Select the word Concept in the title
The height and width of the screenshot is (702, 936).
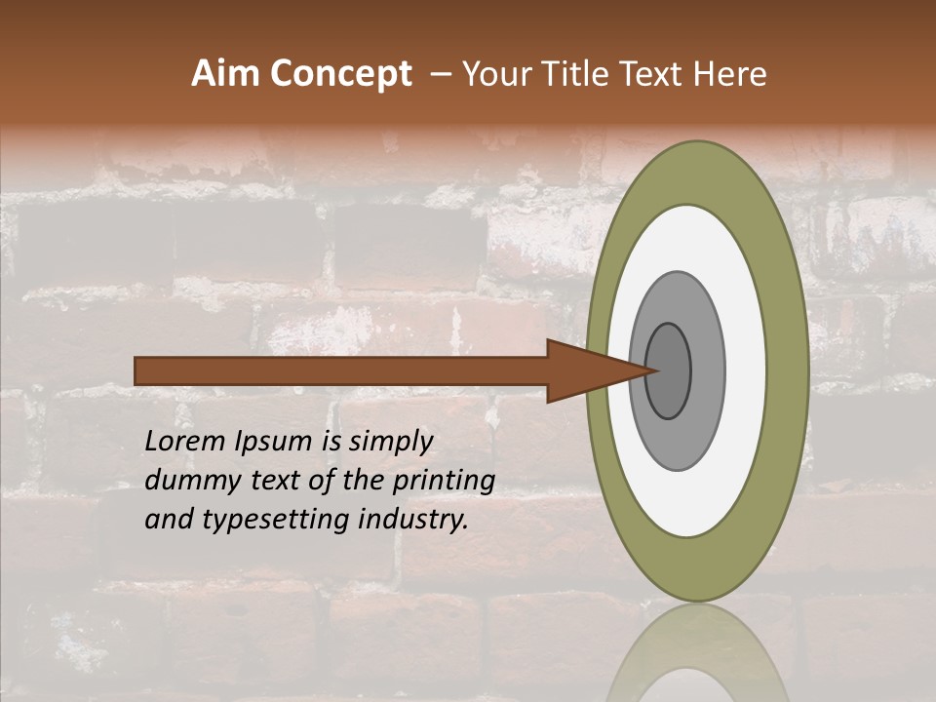pyautogui.click(x=342, y=74)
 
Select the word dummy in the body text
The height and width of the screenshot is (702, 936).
pyautogui.click(x=188, y=480)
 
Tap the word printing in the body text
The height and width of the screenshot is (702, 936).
pyautogui.click(x=443, y=480)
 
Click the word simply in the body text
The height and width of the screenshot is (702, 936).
pyautogui.click(x=390, y=442)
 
